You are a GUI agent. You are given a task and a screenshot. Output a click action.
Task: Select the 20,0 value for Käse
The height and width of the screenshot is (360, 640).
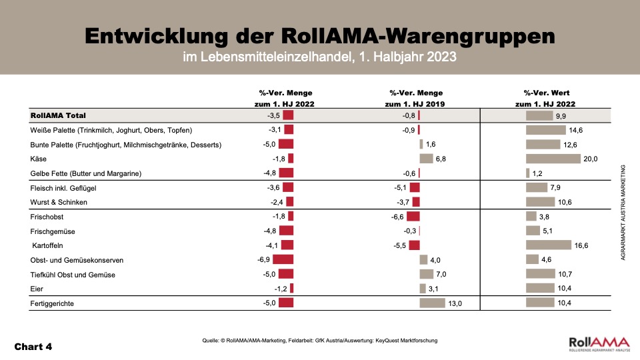pos(591,159)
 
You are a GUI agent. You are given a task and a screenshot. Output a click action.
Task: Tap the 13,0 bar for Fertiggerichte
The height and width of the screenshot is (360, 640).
pos(432,303)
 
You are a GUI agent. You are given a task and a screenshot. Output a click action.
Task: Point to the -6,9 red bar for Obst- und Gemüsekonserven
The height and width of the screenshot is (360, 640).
pos(283,260)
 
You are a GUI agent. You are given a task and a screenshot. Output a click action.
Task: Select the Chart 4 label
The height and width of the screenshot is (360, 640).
pos(33,347)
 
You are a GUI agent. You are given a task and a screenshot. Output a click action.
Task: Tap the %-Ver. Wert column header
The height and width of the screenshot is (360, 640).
pos(546,93)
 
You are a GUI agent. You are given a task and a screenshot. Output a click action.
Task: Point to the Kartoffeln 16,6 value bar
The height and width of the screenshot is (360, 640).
pos(549,245)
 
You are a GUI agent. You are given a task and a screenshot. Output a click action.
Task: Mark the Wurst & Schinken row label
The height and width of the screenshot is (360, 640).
pos(59,202)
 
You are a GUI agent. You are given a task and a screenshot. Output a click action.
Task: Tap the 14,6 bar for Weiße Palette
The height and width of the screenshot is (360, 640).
pos(546,130)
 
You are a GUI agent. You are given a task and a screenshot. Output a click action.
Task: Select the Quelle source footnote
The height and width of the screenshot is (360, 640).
pos(319,341)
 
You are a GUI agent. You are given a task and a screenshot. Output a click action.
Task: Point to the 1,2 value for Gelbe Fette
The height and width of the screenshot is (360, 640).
pos(537,173)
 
